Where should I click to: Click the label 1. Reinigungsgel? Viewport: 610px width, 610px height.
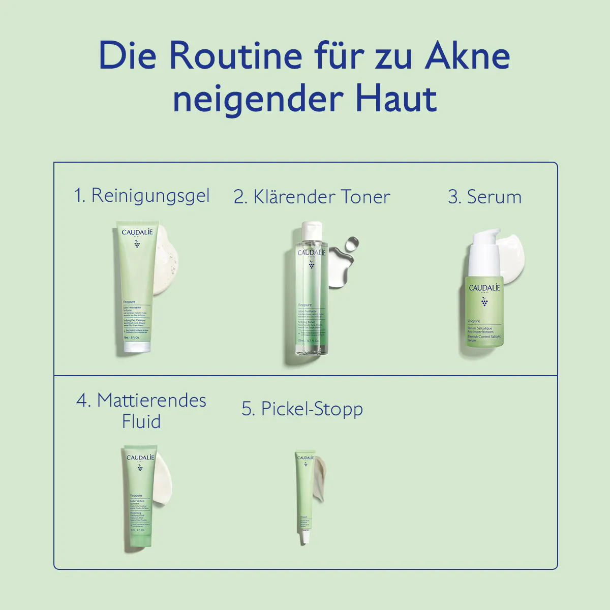tap(142, 196)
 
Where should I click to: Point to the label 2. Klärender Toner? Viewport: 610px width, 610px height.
tap(312, 197)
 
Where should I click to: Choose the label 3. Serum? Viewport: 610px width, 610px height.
tap(484, 197)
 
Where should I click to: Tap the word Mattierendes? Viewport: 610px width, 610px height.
tap(151, 400)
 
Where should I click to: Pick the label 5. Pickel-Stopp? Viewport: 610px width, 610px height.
tap(302, 409)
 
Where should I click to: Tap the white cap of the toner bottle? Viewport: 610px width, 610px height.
tap(311, 231)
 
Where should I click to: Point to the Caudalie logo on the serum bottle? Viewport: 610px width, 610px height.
tap(484, 288)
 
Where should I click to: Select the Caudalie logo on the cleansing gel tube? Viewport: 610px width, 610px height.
tap(137, 233)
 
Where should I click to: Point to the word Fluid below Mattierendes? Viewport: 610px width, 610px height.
tap(141, 421)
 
